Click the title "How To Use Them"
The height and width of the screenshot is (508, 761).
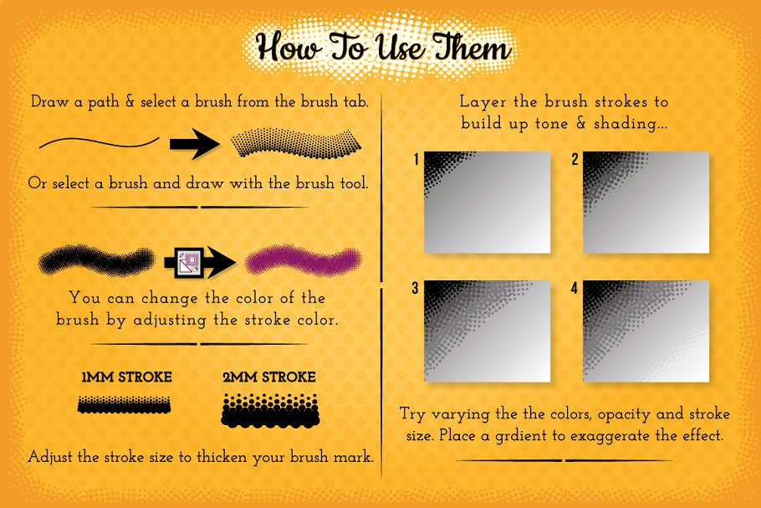coord(383,49)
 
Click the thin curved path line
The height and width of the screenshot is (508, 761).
coord(99,142)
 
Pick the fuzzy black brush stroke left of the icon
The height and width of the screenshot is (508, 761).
coord(98,262)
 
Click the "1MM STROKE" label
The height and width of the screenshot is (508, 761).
coord(126,377)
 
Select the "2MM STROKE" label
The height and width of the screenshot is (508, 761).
coord(268,377)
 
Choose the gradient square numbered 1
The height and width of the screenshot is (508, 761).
coord(488,202)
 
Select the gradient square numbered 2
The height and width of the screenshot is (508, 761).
coord(646,202)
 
